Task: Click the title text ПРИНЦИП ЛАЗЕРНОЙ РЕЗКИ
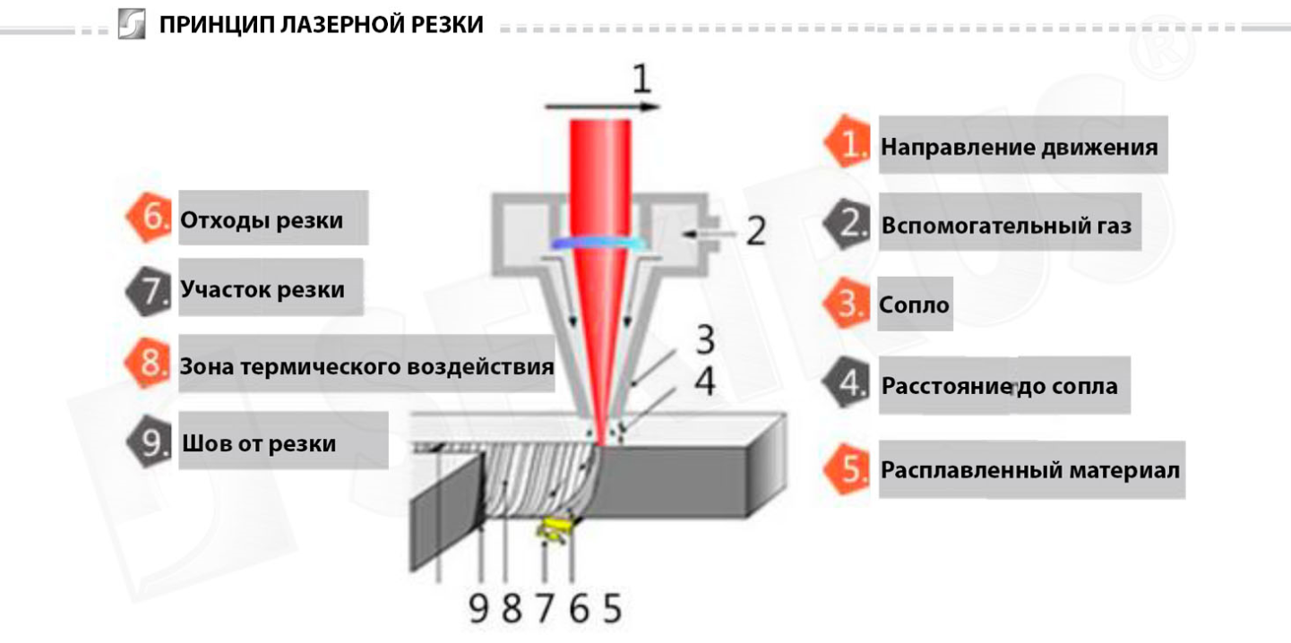[321, 25]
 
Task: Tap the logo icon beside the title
[132, 23]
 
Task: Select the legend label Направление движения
[1019, 147]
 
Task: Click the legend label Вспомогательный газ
[1006, 226]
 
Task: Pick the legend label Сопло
[914, 304]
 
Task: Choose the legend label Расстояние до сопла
[999, 385]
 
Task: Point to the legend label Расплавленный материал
[1030, 470]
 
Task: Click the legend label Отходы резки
[262, 220]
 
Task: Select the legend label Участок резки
[263, 288]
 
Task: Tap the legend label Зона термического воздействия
[366, 366]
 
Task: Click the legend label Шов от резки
[259, 443]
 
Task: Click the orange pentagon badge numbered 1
[847, 141]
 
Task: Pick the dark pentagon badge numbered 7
[148, 291]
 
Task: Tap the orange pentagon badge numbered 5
[847, 468]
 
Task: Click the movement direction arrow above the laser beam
[602, 107]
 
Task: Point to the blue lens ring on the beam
[600, 244]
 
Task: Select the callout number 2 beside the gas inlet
[756, 230]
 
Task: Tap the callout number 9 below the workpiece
[478, 608]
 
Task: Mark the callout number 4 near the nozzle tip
[704, 381]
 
